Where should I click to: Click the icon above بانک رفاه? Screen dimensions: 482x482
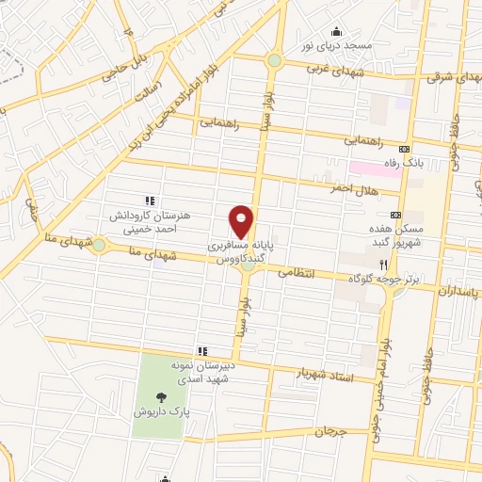405,149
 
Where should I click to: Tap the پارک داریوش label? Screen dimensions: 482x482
173,412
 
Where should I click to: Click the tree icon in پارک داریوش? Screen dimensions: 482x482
165,397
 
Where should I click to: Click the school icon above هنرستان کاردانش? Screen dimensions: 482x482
149,201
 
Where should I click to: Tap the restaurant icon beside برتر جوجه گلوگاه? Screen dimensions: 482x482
383,265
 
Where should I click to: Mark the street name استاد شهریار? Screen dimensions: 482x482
323,375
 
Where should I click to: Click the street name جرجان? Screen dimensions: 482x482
330,433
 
